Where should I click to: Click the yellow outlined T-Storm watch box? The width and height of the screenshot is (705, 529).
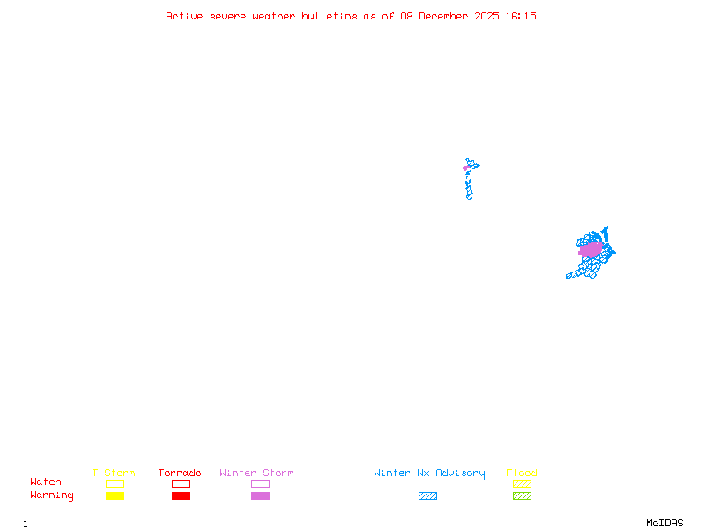click(115, 483)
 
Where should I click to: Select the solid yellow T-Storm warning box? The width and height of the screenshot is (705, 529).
click(115, 495)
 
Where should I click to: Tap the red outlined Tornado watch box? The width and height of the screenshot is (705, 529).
click(181, 483)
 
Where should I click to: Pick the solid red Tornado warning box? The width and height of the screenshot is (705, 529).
click(181, 495)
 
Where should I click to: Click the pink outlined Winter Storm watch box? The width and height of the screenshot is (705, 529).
click(260, 483)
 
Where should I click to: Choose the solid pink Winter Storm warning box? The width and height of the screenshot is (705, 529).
click(260, 495)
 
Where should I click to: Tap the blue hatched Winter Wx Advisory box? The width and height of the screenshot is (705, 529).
click(427, 495)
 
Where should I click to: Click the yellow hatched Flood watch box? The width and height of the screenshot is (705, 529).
click(522, 483)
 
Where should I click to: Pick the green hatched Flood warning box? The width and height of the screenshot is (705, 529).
click(522, 495)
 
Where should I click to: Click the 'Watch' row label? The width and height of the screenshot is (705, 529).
click(46, 482)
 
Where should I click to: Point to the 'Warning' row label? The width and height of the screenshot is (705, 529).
click(52, 495)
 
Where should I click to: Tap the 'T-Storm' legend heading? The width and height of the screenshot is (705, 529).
click(114, 473)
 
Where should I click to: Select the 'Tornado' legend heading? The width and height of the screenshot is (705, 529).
click(180, 473)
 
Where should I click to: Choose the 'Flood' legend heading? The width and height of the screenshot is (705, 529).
click(522, 473)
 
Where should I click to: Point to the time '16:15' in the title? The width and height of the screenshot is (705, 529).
click(522, 16)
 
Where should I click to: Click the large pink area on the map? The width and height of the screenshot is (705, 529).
click(590, 250)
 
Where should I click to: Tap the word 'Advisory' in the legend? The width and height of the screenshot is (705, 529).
click(460, 473)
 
